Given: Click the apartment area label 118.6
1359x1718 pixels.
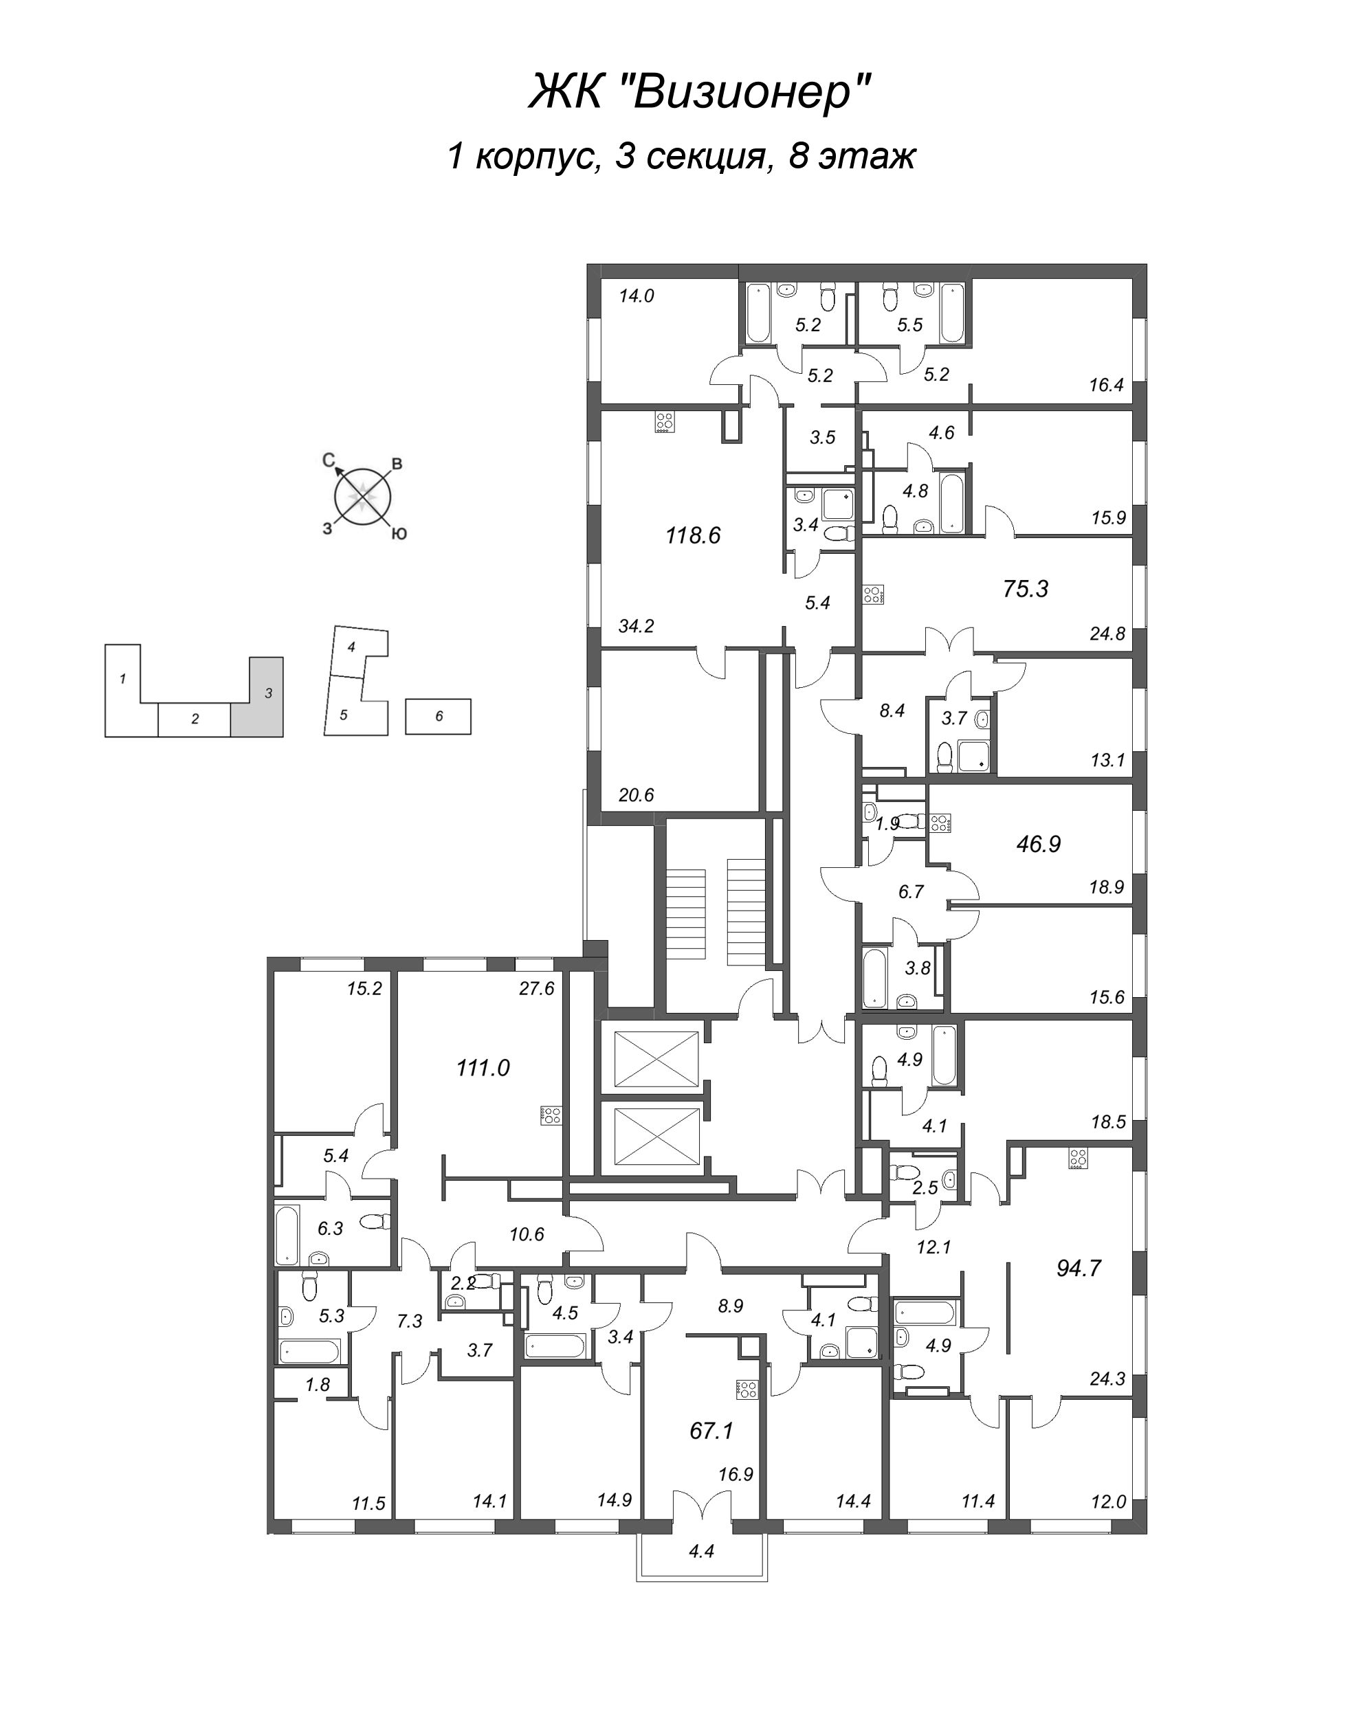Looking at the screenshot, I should [693, 536].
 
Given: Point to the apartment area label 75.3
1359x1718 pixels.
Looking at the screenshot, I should [1026, 590].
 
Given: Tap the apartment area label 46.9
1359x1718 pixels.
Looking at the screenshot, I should [1039, 845].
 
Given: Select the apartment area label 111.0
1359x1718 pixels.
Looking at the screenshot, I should [483, 1068].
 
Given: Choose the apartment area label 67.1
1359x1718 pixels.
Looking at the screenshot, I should [711, 1431].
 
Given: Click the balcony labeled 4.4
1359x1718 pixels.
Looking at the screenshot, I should [701, 1551].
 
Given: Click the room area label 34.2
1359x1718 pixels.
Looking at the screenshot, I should [636, 627].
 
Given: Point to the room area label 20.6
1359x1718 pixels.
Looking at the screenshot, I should [636, 794].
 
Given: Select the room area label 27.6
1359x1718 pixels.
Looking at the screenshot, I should [536, 990].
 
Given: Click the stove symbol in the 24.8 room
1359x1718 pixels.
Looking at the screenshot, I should [874, 595].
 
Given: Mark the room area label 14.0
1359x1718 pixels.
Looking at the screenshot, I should [637, 297].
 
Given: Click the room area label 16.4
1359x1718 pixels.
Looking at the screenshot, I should [1106, 386].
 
